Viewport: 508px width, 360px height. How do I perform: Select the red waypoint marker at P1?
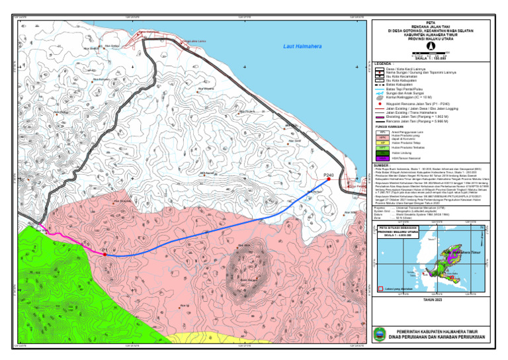click(105, 254)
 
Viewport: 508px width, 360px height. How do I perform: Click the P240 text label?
click(329, 175)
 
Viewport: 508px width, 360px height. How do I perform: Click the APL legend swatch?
click(383, 133)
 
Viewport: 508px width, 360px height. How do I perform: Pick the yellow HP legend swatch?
click(383, 142)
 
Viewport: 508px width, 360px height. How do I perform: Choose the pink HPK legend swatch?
click(383, 138)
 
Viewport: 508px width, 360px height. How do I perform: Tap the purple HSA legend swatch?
click(383, 158)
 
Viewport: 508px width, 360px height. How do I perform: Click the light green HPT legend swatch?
click(383, 148)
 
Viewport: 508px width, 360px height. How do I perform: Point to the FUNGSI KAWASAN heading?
click(388, 127)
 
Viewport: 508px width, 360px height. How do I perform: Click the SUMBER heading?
click(382, 165)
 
